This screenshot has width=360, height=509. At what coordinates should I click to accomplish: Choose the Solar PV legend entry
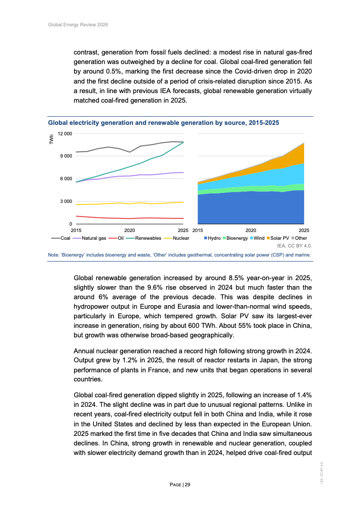tap(280, 238)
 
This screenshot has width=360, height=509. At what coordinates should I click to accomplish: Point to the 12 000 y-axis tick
tap(64, 133)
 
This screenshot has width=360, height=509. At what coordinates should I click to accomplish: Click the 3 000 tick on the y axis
tap(66, 202)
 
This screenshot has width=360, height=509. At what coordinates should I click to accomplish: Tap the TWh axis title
tap(51, 139)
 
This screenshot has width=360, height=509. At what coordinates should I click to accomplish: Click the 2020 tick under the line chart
tap(130, 231)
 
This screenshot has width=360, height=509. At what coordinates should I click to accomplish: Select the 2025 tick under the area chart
tap(304, 231)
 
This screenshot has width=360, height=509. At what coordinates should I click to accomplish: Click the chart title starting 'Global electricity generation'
tap(163, 123)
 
